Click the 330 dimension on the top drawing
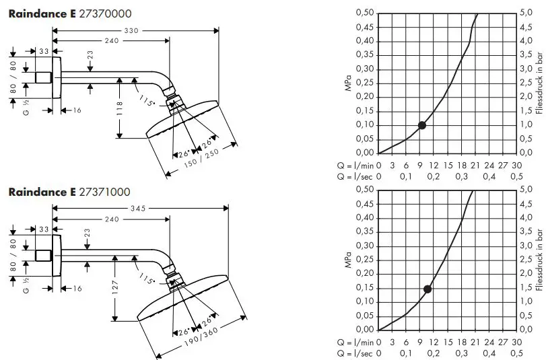tap(131, 31)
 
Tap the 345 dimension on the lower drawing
tap(138, 208)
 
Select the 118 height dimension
tap(119, 108)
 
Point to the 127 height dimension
tap(115, 287)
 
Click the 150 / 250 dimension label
tap(201, 158)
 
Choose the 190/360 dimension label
tap(201, 337)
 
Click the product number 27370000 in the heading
tap(105, 14)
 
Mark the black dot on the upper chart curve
tap(421, 125)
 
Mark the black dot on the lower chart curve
tap(428, 289)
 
